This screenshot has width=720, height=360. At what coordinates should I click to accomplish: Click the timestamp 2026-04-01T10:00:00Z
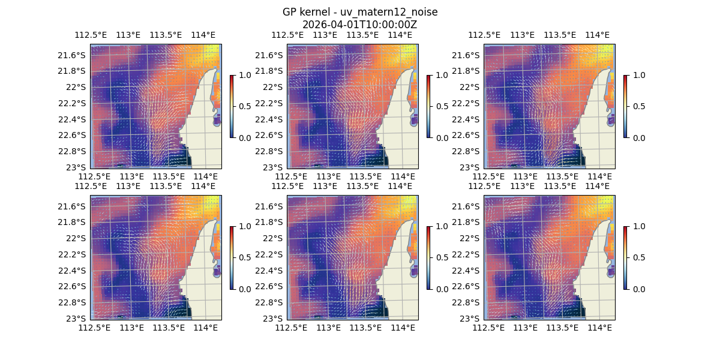pyautogui.click(x=359, y=25)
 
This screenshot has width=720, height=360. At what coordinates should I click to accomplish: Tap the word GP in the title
pyautogui.click(x=290, y=13)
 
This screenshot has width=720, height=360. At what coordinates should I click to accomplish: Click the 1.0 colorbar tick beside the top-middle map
pyautogui.click(x=441, y=76)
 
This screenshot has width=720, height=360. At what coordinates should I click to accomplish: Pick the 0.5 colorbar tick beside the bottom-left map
pyautogui.click(x=244, y=257)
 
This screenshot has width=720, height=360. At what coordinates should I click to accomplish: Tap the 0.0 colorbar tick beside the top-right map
pyautogui.click(x=638, y=138)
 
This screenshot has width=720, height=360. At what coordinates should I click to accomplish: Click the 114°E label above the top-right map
pyautogui.click(x=596, y=35)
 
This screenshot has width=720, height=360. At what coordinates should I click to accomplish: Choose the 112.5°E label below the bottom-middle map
pyautogui.click(x=292, y=328)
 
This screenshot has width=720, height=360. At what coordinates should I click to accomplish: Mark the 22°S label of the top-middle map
pyautogui.click(x=273, y=87)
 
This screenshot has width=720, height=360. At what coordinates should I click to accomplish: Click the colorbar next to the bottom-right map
pyautogui.click(x=626, y=257)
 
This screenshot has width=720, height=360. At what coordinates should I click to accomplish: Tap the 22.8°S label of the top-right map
pyautogui.click(x=466, y=151)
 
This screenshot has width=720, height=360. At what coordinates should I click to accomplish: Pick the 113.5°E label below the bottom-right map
pyautogui.click(x=562, y=328)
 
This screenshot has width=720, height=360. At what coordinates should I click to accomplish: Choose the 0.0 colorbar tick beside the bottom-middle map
pyautogui.click(x=441, y=289)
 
